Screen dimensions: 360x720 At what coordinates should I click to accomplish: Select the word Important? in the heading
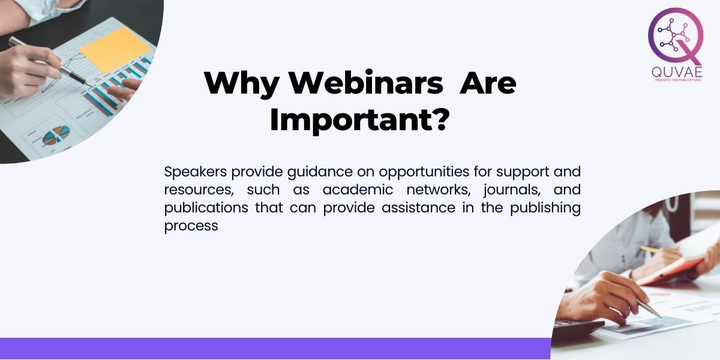tap(359, 120)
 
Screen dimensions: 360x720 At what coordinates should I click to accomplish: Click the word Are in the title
tap(487, 83)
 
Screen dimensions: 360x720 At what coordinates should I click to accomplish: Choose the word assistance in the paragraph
tap(421, 208)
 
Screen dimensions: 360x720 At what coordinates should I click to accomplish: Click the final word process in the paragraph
tap(191, 227)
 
